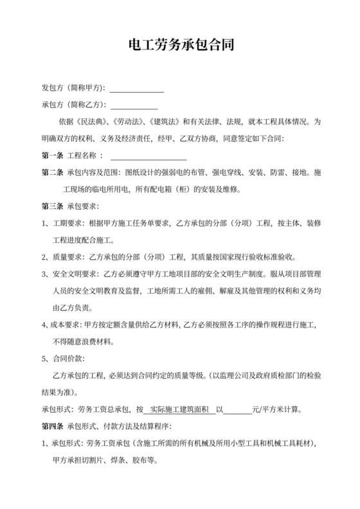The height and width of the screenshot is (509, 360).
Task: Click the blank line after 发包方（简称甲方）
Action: click(137, 89)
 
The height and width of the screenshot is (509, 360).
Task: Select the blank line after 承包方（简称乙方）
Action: click(134, 105)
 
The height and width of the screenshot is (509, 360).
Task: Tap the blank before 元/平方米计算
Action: click(237, 409)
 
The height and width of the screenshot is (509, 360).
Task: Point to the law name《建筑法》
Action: click(163, 121)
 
